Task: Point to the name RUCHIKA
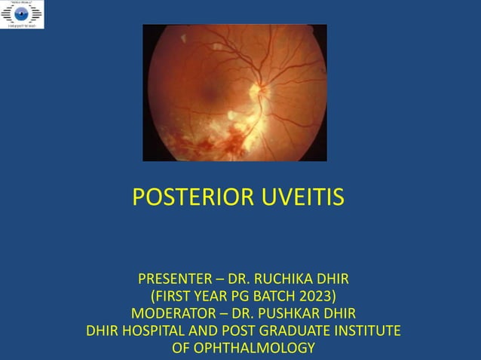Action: (x=279, y=280)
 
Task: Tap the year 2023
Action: (x=315, y=297)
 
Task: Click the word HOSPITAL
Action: (x=153, y=331)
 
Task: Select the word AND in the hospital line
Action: (x=203, y=331)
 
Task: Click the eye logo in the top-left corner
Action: (x=22, y=14)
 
